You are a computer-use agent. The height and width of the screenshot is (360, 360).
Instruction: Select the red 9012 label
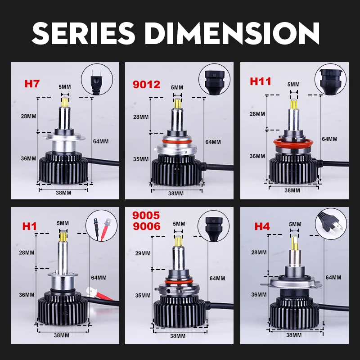click(147, 84)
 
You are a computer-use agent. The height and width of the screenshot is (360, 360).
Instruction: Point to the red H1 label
click(30, 226)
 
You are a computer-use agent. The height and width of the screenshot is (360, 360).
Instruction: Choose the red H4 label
click(262, 226)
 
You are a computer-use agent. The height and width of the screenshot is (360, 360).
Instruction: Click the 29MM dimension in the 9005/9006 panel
click(143, 253)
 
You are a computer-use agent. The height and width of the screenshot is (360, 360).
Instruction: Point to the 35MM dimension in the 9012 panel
click(141, 159)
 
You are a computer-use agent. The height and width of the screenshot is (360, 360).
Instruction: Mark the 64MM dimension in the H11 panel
click(329, 139)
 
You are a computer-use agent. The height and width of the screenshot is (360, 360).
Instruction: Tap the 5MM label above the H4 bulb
click(295, 224)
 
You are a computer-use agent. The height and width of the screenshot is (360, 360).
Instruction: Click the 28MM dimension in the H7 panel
click(28, 116)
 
